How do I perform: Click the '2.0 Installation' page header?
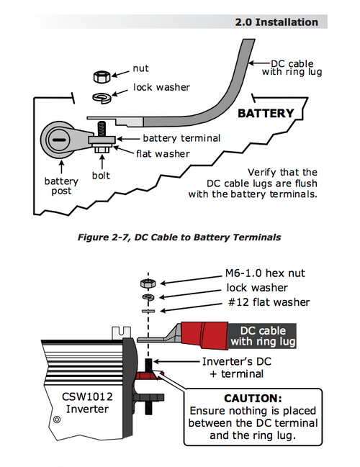(276, 22)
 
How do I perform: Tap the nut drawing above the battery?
(102, 76)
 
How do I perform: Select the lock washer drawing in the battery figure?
(102, 97)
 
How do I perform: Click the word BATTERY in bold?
(266, 113)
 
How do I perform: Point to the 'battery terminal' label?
(181, 138)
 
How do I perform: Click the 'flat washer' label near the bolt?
(163, 154)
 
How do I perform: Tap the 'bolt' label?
(101, 176)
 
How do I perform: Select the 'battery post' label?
(61, 186)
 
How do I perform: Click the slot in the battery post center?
(58, 140)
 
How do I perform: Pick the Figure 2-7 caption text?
(179, 237)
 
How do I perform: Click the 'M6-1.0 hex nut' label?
(265, 273)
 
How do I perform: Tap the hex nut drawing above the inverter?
(148, 284)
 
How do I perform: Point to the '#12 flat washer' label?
(269, 302)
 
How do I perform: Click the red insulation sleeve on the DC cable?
(204, 335)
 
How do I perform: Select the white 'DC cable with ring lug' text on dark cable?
(263, 336)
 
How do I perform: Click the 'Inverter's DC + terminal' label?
(237, 368)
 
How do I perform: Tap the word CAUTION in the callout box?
(253, 398)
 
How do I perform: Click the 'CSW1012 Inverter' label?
(87, 403)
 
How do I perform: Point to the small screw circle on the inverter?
(57, 420)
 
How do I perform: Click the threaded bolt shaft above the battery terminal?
(102, 129)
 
